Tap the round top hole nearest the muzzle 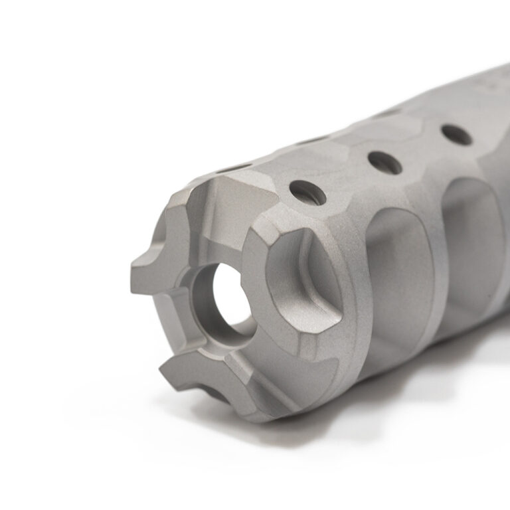pos(307,191)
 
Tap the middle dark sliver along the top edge pos(312,139)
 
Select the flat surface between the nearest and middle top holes pos(345,176)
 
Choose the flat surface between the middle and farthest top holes pos(422,147)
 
